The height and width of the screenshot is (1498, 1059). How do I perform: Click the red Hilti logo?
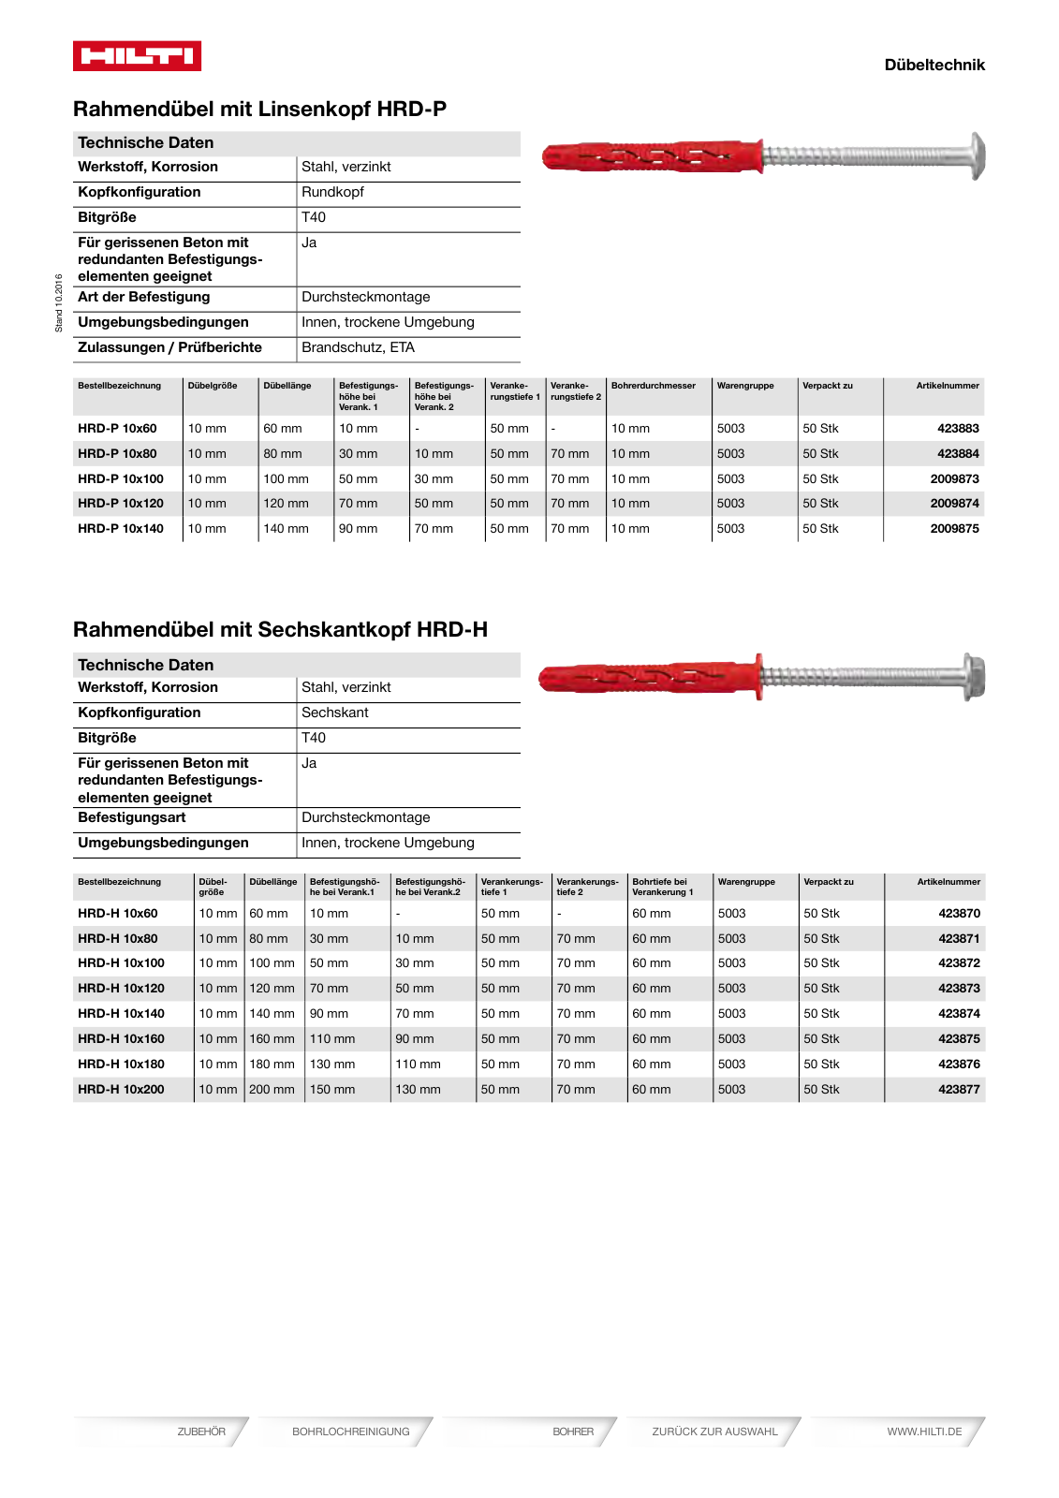[137, 56]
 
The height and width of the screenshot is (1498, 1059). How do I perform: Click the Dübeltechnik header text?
[934, 65]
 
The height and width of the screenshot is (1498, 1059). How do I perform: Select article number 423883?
[957, 428]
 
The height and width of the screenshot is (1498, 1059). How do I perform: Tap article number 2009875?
[953, 528]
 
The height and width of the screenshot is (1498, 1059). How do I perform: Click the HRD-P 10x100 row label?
[121, 478]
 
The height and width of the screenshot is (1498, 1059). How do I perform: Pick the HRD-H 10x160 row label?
[121, 1038]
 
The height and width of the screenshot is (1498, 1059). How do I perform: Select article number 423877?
[959, 1089]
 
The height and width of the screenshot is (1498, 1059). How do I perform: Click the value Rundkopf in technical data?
[332, 192]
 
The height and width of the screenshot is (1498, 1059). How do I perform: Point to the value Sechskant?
[334, 712]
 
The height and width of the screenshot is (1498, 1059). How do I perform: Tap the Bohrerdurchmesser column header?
[653, 386]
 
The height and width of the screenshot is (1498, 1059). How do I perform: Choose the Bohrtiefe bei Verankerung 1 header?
[662, 887]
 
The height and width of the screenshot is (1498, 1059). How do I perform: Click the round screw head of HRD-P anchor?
[976, 155]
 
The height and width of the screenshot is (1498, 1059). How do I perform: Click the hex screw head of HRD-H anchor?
[973, 676]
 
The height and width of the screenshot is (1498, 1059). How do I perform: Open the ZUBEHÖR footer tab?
[201, 1432]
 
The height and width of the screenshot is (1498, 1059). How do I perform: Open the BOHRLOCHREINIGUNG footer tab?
[350, 1432]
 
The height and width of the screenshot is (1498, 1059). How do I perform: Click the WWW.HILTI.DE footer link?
[923, 1432]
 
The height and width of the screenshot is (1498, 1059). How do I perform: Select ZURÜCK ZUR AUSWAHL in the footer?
[714, 1432]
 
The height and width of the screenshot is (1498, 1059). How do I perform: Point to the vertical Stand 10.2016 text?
[58, 302]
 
